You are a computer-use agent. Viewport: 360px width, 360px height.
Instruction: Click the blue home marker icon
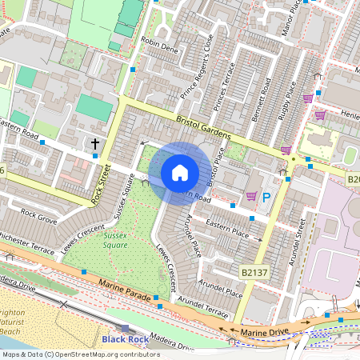pyautogui.click(x=180, y=173)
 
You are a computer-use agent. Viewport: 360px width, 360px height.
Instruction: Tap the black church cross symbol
pyautogui.click(x=96, y=144)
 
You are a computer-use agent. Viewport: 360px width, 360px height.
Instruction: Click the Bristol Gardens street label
pyautogui.click(x=204, y=126)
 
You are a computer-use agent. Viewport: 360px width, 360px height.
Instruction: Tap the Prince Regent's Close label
pyautogui.click(x=197, y=70)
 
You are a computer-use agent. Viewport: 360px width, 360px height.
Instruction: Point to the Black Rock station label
pyautogui.click(x=125, y=339)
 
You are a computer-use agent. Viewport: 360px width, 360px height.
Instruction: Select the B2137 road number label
pyautogui.click(x=255, y=273)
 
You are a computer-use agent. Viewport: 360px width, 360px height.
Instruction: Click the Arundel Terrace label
pyautogui.click(x=204, y=306)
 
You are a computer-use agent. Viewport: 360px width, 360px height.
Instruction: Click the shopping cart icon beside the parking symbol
pyautogui.click(x=251, y=195)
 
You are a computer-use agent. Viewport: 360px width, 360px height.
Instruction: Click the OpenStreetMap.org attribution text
pyautogui.click(x=106, y=354)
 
